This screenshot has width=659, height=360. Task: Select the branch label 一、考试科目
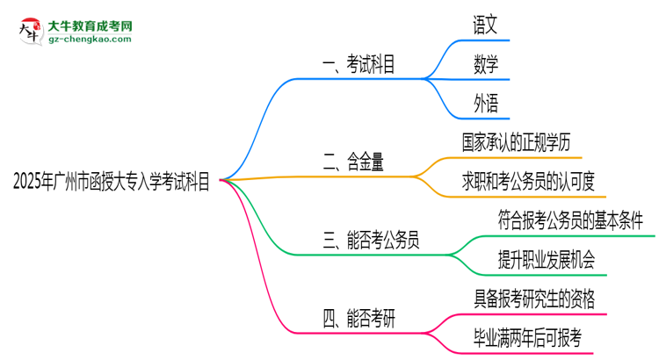click(x=358, y=63)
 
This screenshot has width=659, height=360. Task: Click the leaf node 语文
click(x=485, y=25)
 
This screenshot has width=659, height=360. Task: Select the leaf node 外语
click(x=485, y=104)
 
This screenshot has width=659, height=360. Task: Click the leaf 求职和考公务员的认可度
click(x=529, y=181)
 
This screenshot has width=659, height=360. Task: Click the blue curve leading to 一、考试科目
click(x=264, y=105)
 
